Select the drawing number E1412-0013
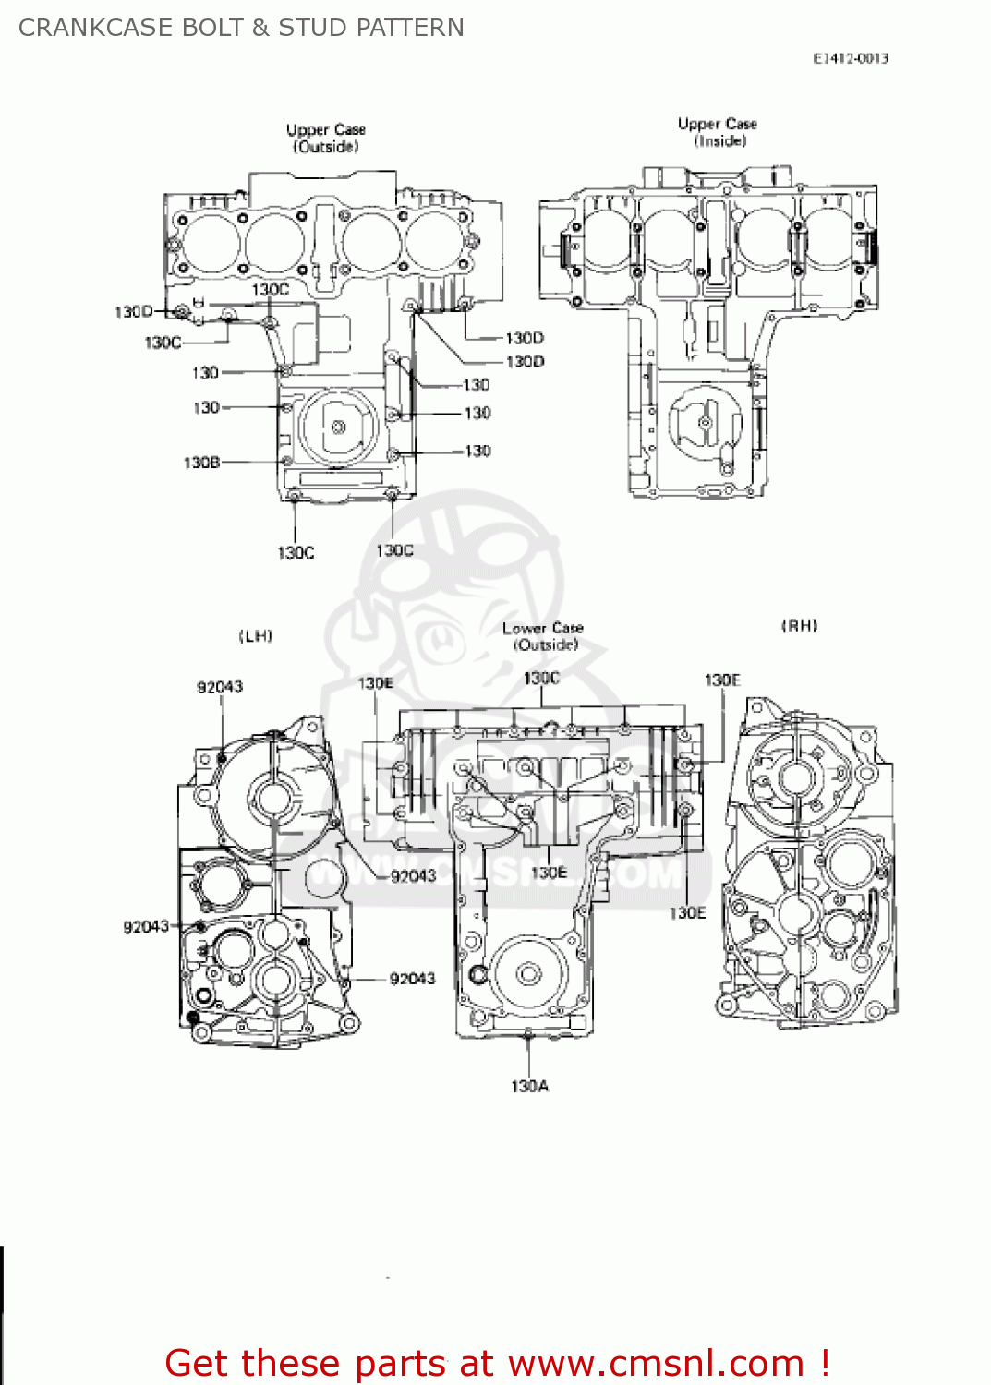(x=850, y=58)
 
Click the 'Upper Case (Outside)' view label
(x=325, y=138)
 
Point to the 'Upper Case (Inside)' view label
(x=718, y=132)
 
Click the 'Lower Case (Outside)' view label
(x=543, y=636)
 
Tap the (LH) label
(x=256, y=636)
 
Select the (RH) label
(x=799, y=626)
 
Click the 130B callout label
(x=201, y=463)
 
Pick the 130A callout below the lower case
(x=529, y=1087)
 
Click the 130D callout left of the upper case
(x=133, y=312)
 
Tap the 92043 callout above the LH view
(x=220, y=687)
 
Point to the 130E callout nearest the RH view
(x=722, y=680)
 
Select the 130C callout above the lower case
(x=541, y=679)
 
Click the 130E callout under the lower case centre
(x=549, y=873)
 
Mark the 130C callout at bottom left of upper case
(x=296, y=553)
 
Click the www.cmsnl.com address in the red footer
(x=656, y=1363)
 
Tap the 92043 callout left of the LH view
(x=146, y=927)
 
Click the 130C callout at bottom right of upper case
(x=394, y=551)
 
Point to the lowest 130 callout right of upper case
(x=477, y=452)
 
